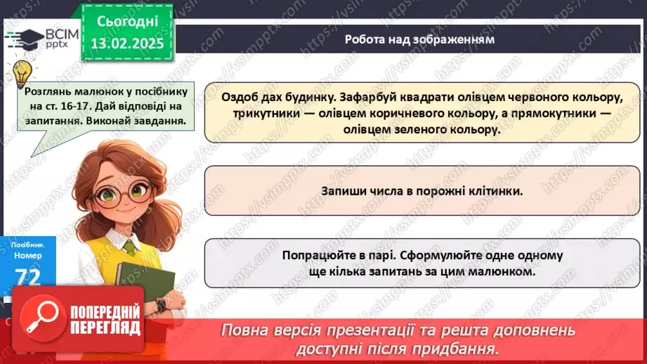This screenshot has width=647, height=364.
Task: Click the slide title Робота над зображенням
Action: [x=419, y=39]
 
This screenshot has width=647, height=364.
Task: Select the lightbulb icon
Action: [x=22, y=71]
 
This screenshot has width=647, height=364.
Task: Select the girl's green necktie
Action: [x=129, y=246]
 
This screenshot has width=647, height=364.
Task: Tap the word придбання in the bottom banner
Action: [x=462, y=349]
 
